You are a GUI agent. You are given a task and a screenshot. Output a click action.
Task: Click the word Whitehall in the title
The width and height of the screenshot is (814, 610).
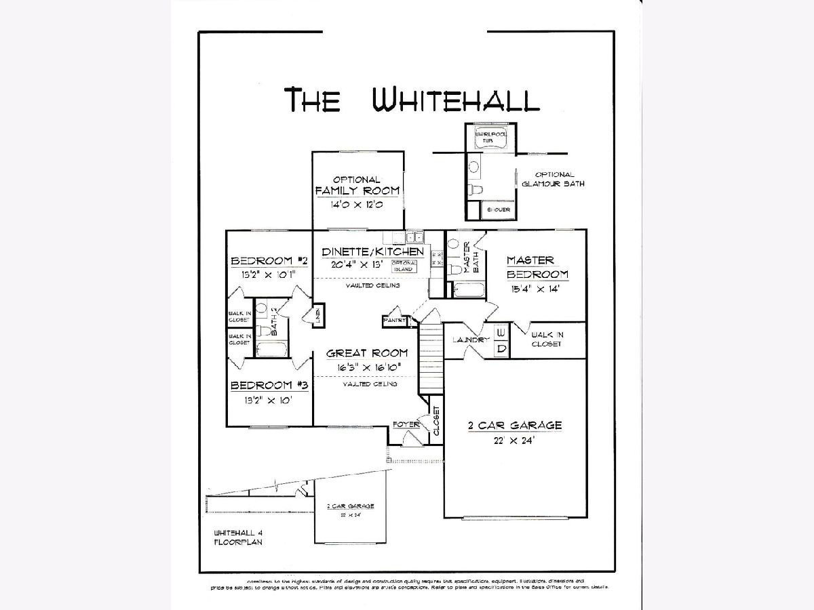click(x=456, y=99)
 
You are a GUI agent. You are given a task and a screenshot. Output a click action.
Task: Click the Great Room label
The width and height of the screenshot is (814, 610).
click(x=367, y=352)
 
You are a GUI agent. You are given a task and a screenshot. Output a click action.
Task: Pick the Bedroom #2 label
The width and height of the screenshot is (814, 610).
click(x=269, y=261)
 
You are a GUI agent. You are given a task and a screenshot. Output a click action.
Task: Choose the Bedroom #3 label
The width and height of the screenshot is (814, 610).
click(x=269, y=385)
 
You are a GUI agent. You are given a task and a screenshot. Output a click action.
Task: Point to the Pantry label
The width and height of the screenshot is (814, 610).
click(x=394, y=319)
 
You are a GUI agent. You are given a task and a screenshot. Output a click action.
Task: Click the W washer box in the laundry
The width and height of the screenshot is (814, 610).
click(x=501, y=333)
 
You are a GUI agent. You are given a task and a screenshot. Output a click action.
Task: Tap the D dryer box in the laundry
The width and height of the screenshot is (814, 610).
click(x=501, y=349)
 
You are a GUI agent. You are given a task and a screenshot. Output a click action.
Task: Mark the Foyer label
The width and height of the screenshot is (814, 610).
click(x=405, y=424)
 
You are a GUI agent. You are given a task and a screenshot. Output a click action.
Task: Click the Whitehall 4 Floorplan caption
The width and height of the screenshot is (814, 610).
click(x=238, y=537)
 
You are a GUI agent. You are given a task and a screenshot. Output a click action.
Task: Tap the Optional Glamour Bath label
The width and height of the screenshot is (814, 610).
click(x=554, y=179)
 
